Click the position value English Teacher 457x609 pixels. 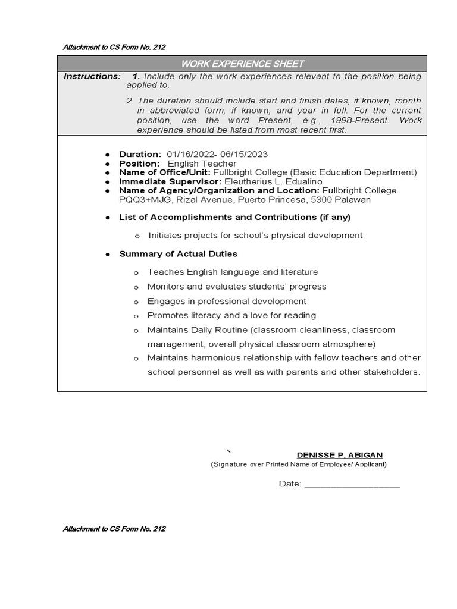click(202, 164)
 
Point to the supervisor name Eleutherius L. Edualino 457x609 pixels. click(274, 181)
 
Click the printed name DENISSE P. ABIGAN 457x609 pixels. click(340, 455)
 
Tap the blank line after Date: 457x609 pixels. click(352, 485)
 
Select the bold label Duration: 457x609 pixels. click(140, 154)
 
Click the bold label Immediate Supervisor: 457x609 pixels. click(170, 181)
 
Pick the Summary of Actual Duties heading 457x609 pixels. click(178, 254)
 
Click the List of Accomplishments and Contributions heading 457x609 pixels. click(234, 217)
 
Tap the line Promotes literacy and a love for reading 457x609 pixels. click(231, 315)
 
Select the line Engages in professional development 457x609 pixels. click(227, 301)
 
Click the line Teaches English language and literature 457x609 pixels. click(233, 272)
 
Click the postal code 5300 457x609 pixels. click(329, 200)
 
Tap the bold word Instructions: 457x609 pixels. click(92, 77)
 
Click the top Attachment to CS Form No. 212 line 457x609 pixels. click(114, 47)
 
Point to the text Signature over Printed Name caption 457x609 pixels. click(298, 464)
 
